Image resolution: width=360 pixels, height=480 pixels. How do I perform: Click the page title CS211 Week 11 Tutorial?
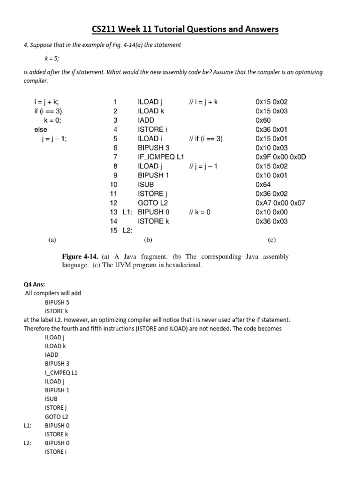click(x=185, y=30)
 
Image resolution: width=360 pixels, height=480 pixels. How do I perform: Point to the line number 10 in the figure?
click(x=113, y=184)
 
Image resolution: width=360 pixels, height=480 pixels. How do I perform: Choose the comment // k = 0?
click(x=200, y=212)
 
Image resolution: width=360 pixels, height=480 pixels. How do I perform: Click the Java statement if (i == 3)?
click(x=48, y=111)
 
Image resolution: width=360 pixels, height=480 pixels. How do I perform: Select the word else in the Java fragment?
click(x=41, y=129)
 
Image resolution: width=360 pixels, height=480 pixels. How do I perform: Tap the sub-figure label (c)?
click(x=272, y=240)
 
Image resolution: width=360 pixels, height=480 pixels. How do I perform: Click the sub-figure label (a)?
click(x=52, y=240)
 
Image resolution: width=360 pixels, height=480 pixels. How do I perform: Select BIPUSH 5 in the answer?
click(x=57, y=302)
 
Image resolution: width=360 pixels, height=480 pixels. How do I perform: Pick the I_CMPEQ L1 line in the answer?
click(x=61, y=373)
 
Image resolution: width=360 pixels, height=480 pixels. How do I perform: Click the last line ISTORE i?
click(x=54, y=452)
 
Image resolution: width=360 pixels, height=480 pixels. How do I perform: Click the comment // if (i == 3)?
click(x=206, y=138)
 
